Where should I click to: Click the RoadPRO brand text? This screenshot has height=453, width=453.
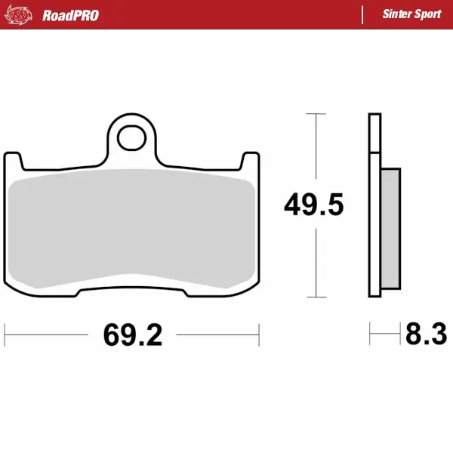pos(70,14)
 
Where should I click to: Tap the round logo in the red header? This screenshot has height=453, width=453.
pos(23,14)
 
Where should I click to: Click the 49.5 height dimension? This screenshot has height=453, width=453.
pos(313,205)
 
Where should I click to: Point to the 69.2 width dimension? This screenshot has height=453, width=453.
pos(132,334)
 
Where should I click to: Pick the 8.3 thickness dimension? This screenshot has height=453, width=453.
pos(426,334)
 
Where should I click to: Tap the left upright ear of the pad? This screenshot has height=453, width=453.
pos(13,160)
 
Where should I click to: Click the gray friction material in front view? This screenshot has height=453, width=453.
pos(132,226)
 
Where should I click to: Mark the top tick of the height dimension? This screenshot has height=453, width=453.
pos(315,114)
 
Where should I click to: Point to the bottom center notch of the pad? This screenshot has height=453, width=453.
pos(132,285)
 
